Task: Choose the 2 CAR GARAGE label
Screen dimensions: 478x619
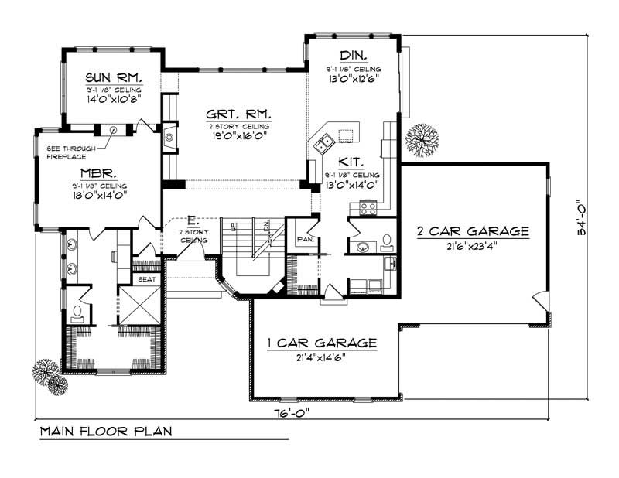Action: click(473, 230)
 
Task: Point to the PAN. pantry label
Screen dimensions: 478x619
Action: click(304, 240)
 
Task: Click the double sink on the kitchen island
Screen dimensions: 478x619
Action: click(322, 141)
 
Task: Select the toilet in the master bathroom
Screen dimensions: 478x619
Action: click(77, 312)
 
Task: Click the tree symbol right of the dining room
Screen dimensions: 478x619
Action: click(421, 139)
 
